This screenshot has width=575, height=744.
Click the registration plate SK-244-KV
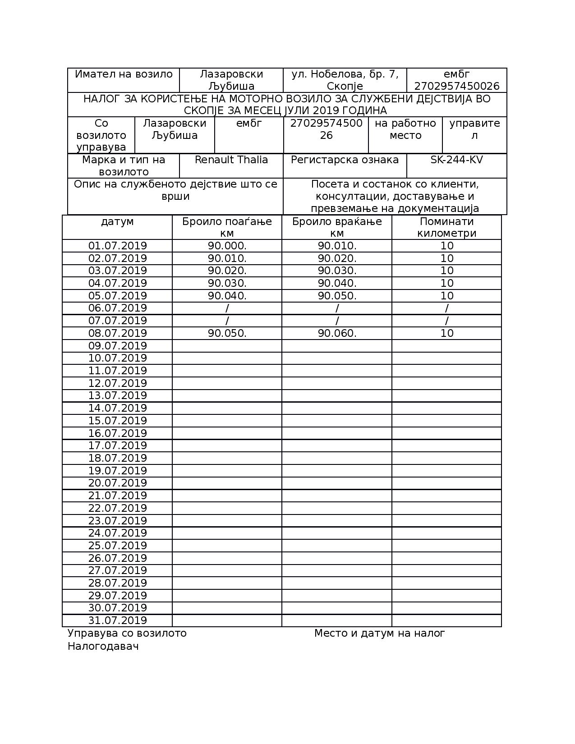coord(456,160)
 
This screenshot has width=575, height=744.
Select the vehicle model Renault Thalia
coord(231,160)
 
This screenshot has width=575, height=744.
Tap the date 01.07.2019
coord(117,246)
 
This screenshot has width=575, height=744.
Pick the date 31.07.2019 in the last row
coord(117,620)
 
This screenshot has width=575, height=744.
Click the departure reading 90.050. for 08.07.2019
coord(227,333)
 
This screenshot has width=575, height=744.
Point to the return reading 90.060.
coord(337,333)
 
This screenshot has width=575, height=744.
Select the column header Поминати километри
coord(446,227)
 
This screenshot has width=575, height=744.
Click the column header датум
coord(117,222)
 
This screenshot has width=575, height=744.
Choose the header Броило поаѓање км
coord(227,227)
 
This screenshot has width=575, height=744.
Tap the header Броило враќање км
coord(337,227)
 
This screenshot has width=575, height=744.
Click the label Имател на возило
coord(124,74)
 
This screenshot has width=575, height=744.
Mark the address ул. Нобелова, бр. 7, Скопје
coord(345,80)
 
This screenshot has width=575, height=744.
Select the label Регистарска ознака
coord(345,160)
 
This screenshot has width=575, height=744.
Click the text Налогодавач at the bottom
coord(103,646)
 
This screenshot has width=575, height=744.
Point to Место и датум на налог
coord(379,633)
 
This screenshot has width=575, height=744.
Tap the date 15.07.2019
coord(117,421)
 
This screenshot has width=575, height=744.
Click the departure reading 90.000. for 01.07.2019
coord(227,246)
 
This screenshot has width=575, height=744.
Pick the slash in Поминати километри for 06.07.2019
coord(446,308)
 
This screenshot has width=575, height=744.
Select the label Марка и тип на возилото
coord(124,166)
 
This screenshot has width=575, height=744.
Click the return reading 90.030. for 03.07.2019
coord(337,271)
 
